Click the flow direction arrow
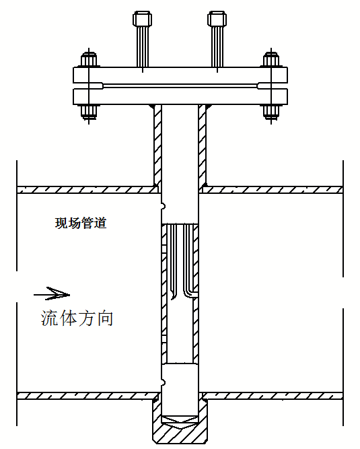coord(52,293)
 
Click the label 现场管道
coord(81,223)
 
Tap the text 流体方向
coord(77,318)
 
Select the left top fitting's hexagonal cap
coord(142,20)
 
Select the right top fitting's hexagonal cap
coord(217,20)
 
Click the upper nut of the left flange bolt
coord(89,59)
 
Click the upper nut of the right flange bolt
coord(271,59)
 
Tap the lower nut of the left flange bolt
coord(89,112)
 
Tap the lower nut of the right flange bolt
coord(271,112)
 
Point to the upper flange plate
coord(180,75)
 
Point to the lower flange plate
coord(180,96)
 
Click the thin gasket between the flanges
coord(180,86)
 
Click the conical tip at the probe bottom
coord(180,421)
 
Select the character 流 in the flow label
coord(49,318)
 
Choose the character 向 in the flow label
coord(105,318)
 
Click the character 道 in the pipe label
coord(100,223)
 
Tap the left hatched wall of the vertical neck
coord(157,145)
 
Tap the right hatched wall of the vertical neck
coord(203,145)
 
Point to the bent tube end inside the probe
coord(190,294)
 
